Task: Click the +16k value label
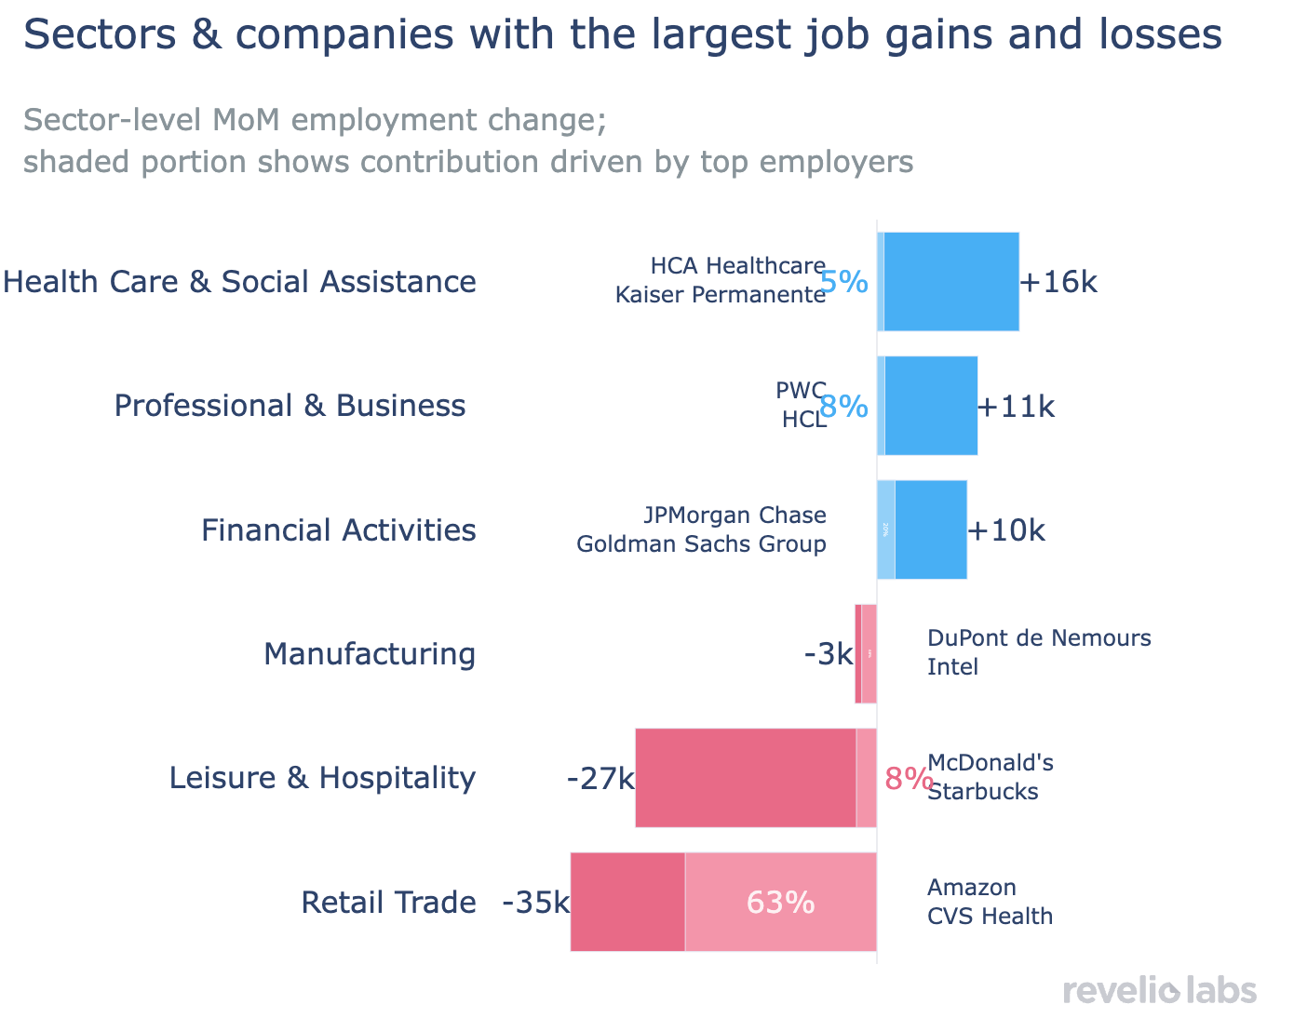1059,282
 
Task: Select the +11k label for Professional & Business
1017,407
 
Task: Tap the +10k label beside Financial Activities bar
1006,530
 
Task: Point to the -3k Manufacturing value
829,654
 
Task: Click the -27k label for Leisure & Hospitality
600,778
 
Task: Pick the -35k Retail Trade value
535,903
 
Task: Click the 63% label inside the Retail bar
780,903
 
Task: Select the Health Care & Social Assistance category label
240,282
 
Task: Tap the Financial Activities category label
339,530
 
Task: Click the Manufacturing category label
370,654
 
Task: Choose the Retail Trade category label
388,903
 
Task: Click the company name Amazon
972,887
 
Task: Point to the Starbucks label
983,792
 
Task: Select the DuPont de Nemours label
1039,638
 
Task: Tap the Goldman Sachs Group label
701,544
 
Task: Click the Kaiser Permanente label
721,295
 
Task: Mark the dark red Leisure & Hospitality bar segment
746,778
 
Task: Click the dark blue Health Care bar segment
951,282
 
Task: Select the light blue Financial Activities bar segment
886,530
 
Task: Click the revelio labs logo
1159,990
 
